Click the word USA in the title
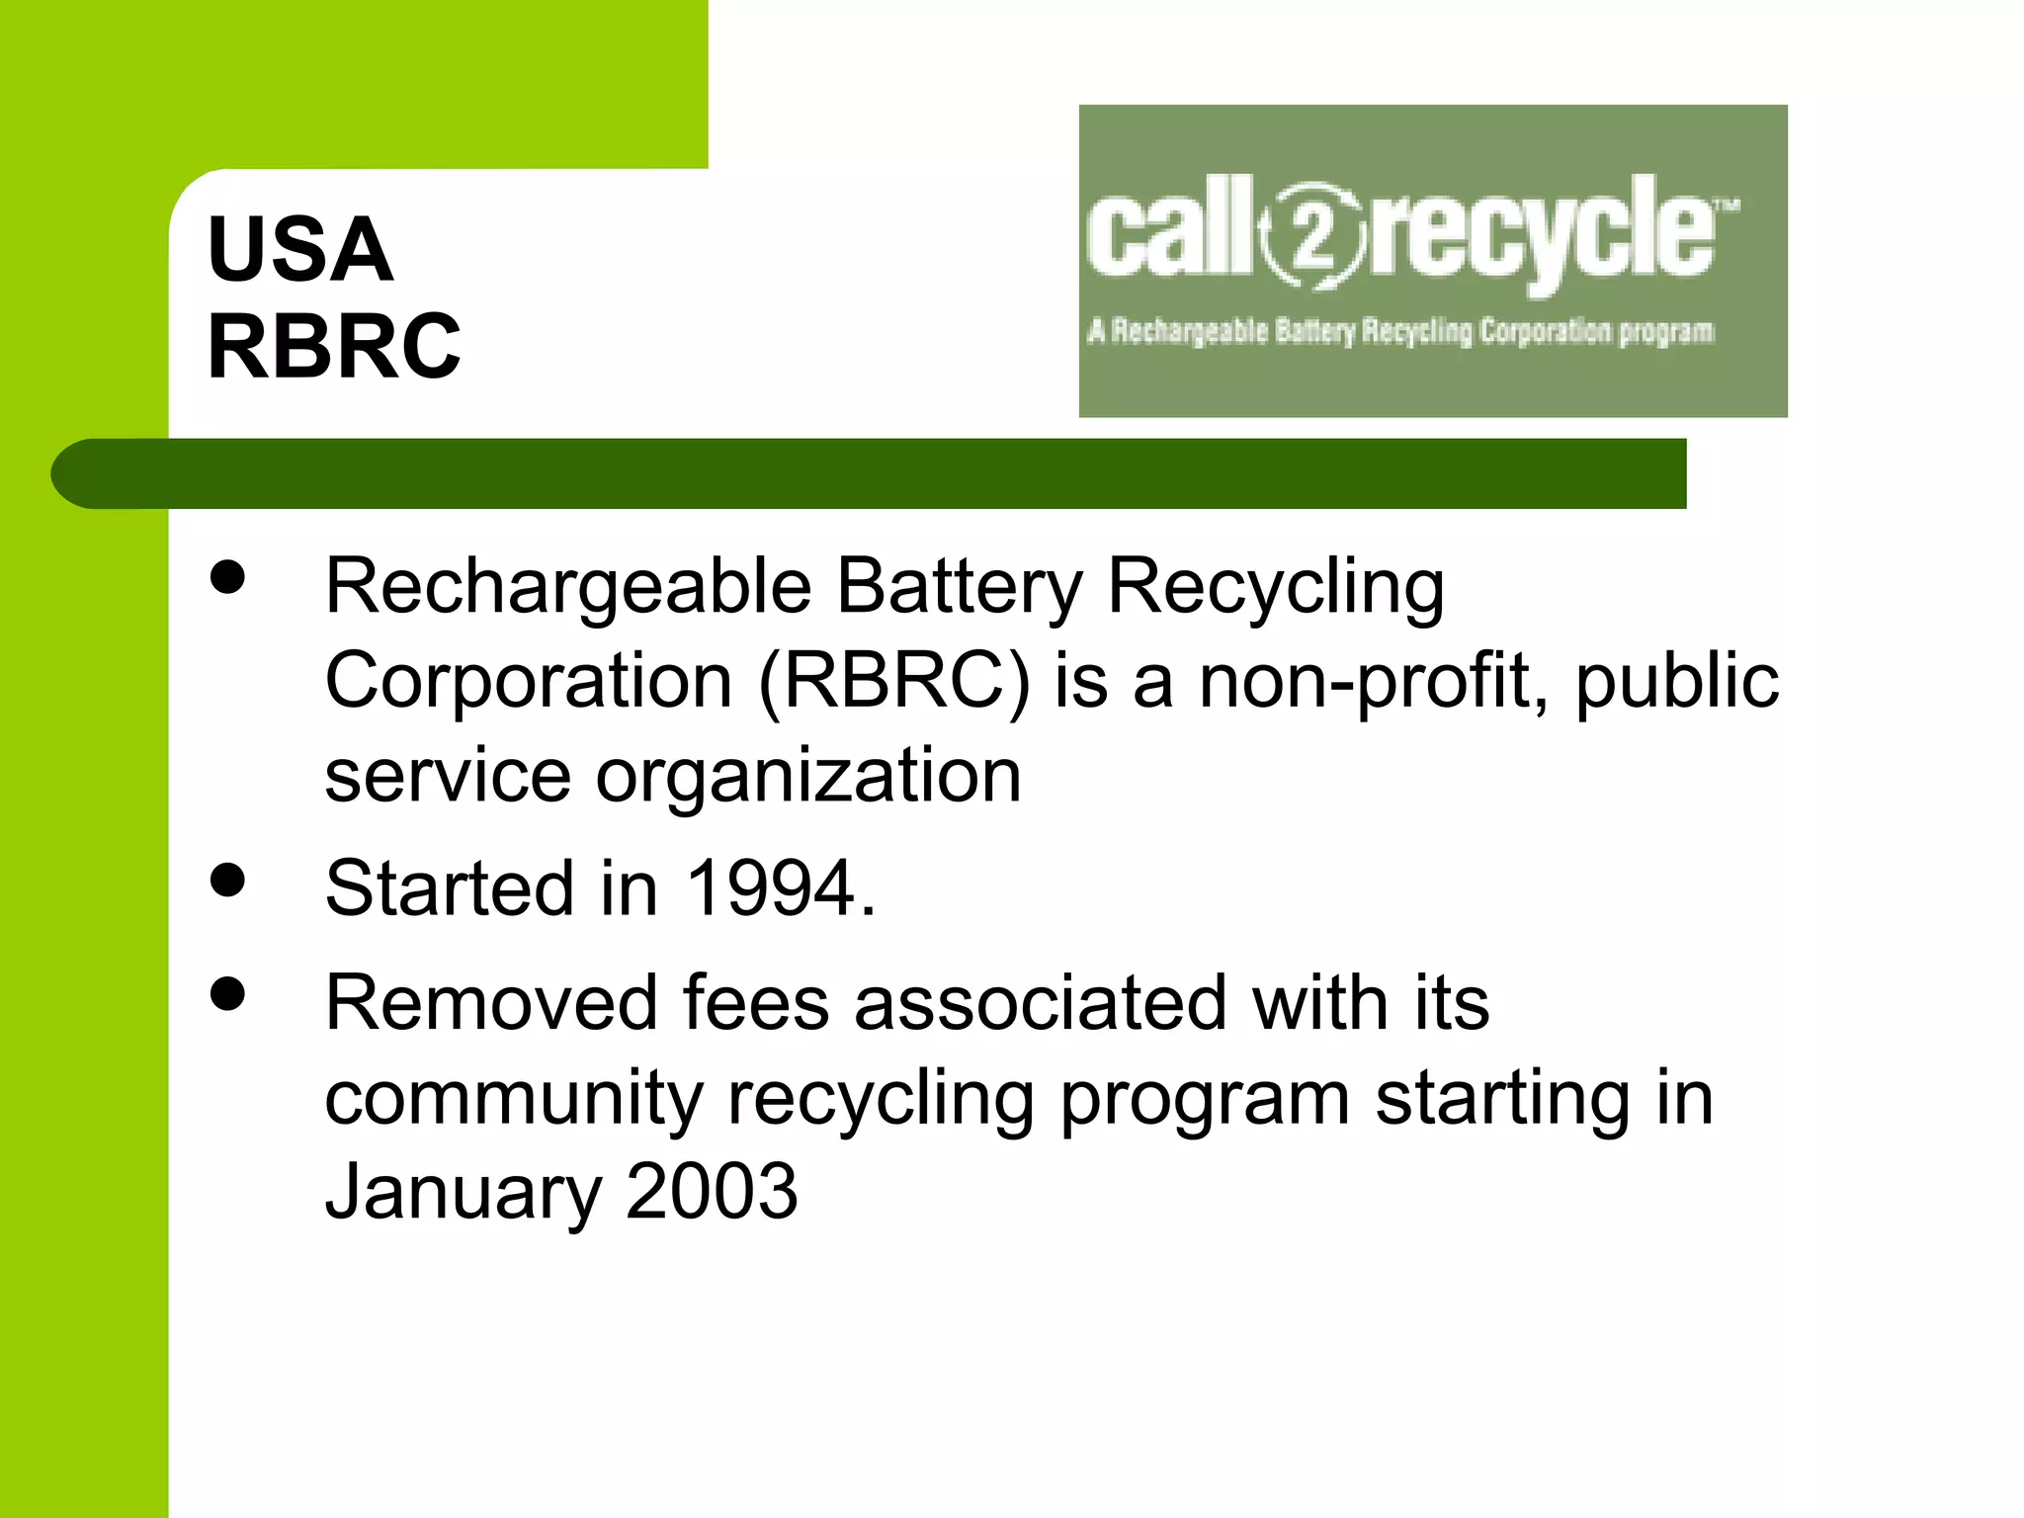[x=300, y=249]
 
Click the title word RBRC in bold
[x=334, y=346]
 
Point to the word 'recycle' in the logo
[x=1542, y=233]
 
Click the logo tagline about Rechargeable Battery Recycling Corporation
[x=1400, y=331]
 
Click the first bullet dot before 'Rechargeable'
[x=228, y=577]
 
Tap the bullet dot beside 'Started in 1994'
[x=228, y=880]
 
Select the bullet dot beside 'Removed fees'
[x=228, y=994]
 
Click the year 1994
[x=770, y=887]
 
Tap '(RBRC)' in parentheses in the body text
[x=894, y=681]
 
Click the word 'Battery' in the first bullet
[x=960, y=587]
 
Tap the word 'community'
[x=514, y=1098]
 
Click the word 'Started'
[x=450, y=887]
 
